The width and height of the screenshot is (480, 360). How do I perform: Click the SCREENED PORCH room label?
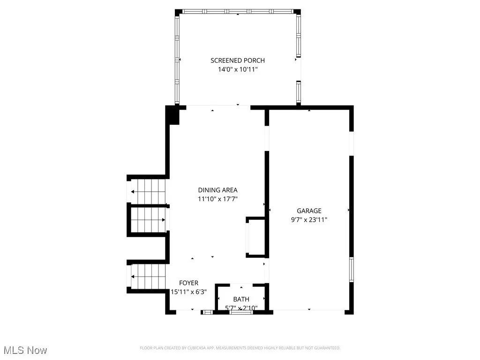pyautogui.click(x=238, y=60)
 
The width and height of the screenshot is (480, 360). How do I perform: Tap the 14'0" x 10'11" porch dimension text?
pyautogui.click(x=238, y=69)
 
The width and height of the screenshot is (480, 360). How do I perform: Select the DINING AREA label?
pyautogui.click(x=217, y=190)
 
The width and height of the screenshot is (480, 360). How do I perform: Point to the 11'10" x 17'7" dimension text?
pyautogui.click(x=217, y=199)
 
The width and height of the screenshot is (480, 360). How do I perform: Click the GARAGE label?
pyautogui.click(x=309, y=210)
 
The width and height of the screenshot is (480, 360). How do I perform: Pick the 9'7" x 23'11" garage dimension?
pyautogui.click(x=309, y=219)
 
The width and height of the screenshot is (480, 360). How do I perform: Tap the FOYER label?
pyautogui.click(x=189, y=283)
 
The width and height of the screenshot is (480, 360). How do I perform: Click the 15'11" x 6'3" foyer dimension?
pyautogui.click(x=189, y=292)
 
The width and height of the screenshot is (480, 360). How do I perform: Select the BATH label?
pyautogui.click(x=241, y=299)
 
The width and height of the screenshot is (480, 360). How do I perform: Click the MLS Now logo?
pyautogui.click(x=25, y=350)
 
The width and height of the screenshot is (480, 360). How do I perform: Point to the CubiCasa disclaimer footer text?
pyautogui.click(x=240, y=348)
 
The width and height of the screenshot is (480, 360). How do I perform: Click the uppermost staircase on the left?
pyautogui.click(x=148, y=191)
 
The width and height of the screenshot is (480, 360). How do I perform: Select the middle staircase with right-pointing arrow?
pyautogui.click(x=148, y=220)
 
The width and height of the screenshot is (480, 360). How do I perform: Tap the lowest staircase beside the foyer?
pyautogui.click(x=149, y=276)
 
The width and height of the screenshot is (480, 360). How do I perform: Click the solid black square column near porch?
pyautogui.click(x=173, y=115)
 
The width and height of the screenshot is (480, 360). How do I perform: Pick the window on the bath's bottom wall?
pyautogui.click(x=241, y=312)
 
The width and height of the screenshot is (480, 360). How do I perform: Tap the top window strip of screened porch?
pyautogui.click(x=238, y=11)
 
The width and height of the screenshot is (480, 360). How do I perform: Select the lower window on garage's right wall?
pyautogui.click(x=351, y=270)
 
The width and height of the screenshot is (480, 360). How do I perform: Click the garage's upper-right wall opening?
pyautogui.click(x=351, y=143)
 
